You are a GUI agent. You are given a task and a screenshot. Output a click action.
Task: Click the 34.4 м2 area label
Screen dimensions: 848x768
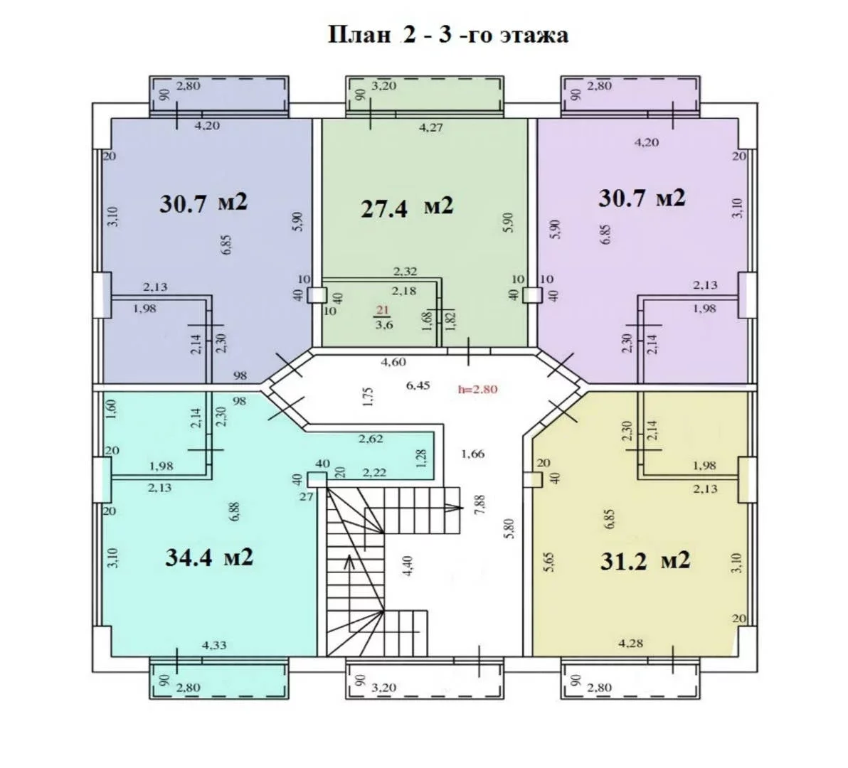pos(208,558)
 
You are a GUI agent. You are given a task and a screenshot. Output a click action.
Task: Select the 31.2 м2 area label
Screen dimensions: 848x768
pos(645,561)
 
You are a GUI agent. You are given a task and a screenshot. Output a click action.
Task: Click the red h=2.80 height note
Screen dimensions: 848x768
pos(477,389)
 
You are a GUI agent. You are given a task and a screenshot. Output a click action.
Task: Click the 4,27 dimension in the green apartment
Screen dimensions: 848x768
pos(431,128)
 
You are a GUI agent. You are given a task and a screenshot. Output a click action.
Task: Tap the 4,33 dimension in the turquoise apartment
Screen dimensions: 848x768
pos(214,645)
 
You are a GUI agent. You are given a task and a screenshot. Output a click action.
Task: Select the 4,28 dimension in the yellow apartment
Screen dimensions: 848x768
pos(630,643)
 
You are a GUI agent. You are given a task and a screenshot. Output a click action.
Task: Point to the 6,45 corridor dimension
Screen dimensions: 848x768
pos(418,385)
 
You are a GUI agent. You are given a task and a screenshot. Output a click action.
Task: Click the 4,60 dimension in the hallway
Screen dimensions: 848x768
pos(393,362)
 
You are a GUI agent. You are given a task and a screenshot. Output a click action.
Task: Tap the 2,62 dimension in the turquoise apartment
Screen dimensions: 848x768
pos(371,439)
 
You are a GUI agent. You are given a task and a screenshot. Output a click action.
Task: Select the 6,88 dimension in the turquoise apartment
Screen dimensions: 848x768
pos(234,512)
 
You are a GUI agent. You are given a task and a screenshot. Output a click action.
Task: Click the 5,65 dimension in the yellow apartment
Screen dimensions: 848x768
pos(549,562)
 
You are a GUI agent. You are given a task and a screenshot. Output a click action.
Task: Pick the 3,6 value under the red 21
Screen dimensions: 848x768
pos(384,325)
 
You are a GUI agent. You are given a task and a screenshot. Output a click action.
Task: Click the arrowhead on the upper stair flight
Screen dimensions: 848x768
pos(454,508)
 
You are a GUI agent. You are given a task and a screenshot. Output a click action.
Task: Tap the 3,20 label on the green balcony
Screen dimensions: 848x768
pos(384,86)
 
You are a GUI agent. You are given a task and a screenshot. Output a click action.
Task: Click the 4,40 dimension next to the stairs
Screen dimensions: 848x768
pos(408,566)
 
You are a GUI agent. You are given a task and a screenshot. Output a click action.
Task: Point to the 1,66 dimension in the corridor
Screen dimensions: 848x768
pos(472,454)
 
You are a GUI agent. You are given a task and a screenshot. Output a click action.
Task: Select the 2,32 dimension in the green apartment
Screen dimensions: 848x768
pos(405,272)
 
